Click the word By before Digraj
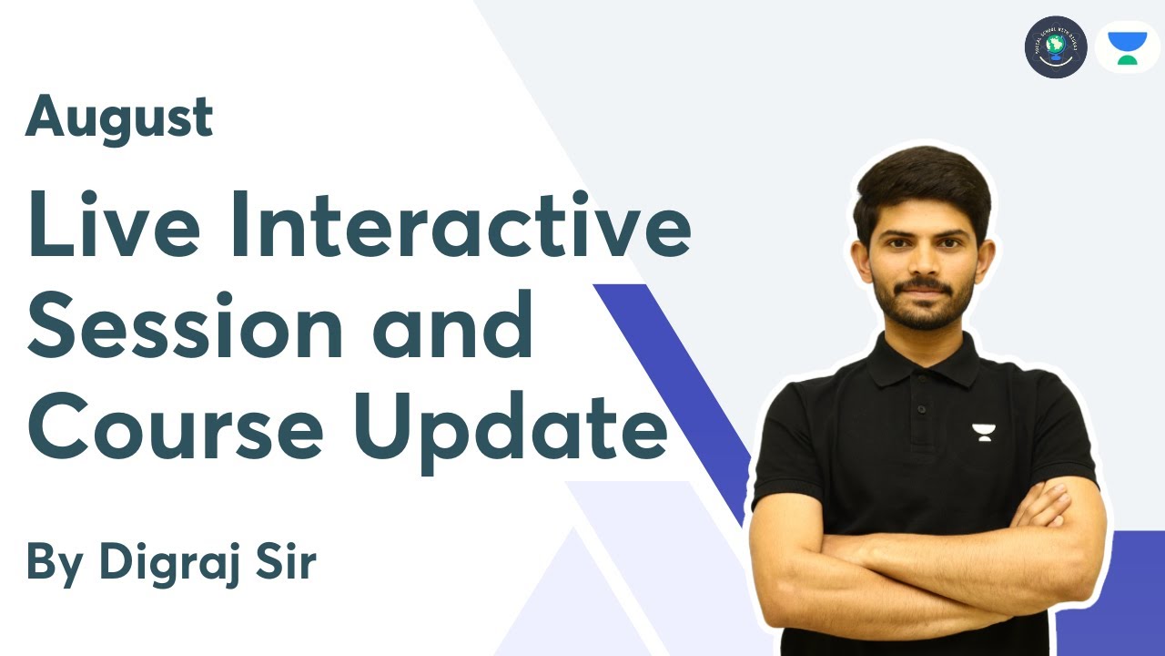pos(54,562)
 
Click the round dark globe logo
pos(1056,46)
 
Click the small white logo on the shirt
pos(984,431)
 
